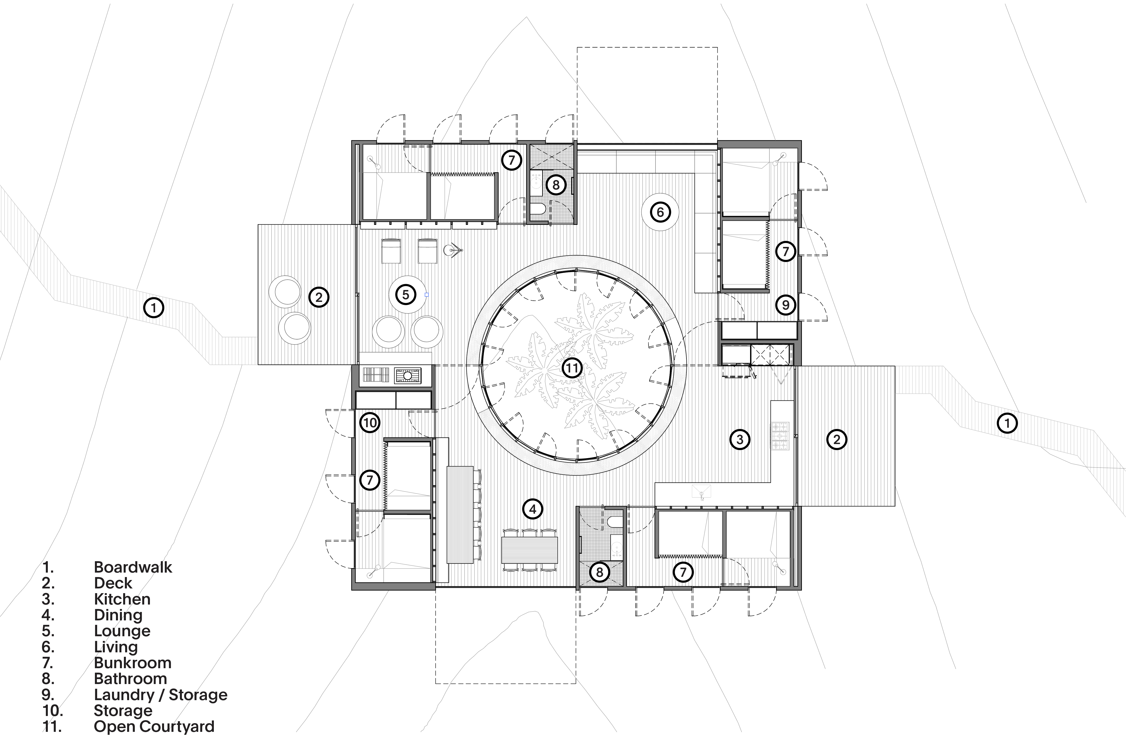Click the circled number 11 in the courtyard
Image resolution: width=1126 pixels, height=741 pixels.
572,368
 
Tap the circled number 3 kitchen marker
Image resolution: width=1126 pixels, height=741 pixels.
740,439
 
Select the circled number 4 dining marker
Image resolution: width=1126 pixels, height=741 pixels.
533,509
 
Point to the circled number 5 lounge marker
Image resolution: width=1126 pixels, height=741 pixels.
405,295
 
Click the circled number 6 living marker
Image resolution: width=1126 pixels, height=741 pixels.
660,212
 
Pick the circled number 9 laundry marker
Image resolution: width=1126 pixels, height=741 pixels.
785,305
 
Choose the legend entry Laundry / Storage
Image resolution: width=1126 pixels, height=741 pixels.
160,695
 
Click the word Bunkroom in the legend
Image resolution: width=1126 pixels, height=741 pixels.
133,663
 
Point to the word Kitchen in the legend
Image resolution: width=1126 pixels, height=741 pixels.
122,599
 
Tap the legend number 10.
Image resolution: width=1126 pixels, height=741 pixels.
52,711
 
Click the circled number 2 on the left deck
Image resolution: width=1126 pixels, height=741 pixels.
318,297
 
